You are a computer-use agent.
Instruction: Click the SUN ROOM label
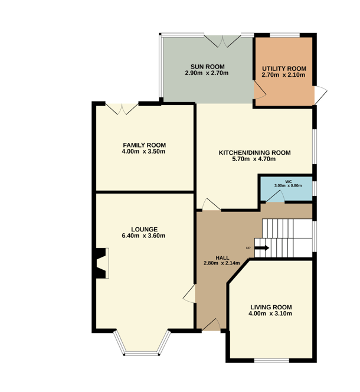coord(208,67)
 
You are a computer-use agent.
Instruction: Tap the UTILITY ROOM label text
coord(284,68)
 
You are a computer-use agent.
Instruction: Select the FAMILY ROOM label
coord(144,145)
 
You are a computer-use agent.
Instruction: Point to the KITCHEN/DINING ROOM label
coord(254,152)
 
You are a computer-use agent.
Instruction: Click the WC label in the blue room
coord(288,181)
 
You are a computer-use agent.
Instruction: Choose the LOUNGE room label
coord(144,229)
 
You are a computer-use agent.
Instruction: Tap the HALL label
coord(222,258)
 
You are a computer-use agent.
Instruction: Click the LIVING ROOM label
coord(271,307)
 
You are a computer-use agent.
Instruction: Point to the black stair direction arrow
coord(262,248)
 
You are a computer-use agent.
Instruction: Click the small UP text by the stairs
coord(248,248)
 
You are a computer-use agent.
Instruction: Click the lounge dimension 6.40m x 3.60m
coord(143,236)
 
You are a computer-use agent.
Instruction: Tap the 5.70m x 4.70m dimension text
coord(254,159)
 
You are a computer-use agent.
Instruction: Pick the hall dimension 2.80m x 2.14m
coord(222,263)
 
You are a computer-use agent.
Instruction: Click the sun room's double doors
coord(222,41)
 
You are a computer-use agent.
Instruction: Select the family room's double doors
coord(122,109)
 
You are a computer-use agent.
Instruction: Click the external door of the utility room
coord(320,95)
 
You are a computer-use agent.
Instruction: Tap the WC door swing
coord(275,196)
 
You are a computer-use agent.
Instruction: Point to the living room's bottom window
coord(271,361)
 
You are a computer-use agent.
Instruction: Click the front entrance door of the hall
coord(211,325)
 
